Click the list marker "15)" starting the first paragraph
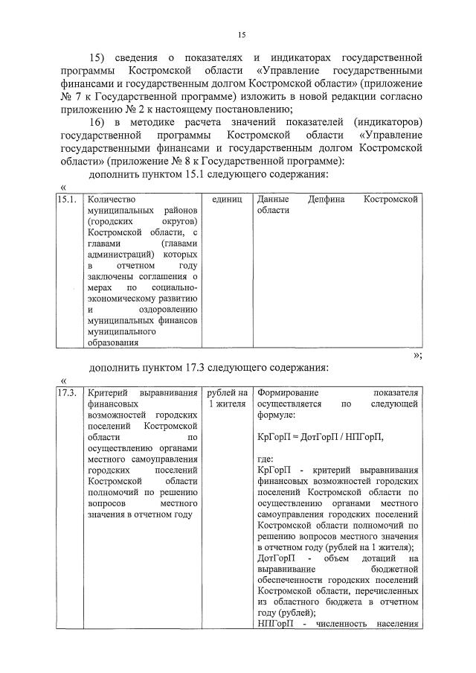tap(99, 57)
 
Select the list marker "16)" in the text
tap(99, 121)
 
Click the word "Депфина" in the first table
tap(326, 200)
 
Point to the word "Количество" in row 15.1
tap(109, 200)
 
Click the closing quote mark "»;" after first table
tap(417, 355)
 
